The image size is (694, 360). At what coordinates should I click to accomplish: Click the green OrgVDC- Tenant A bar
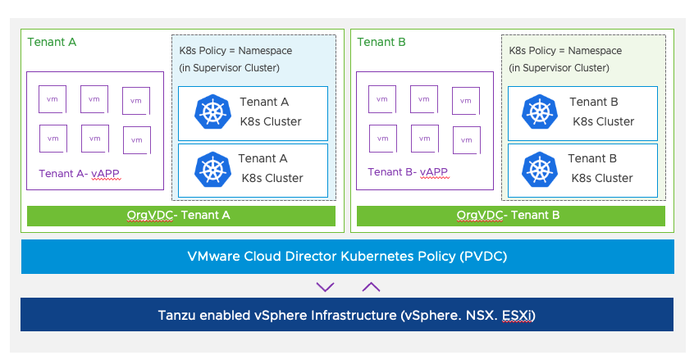click(x=181, y=216)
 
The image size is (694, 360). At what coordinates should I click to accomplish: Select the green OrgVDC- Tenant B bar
click(x=510, y=216)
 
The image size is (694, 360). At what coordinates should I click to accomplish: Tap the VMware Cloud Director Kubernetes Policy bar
click(x=347, y=257)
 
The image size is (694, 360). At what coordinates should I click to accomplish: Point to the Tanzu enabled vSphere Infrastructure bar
click(x=347, y=315)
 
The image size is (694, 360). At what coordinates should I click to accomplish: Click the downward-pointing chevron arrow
click(x=326, y=286)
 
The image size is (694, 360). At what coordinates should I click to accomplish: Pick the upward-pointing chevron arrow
click(x=371, y=286)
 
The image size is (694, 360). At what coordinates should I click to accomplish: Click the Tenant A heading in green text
click(x=52, y=42)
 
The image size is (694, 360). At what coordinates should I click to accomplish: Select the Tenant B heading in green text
click(x=381, y=42)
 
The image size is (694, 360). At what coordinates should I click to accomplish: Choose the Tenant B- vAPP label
click(x=408, y=172)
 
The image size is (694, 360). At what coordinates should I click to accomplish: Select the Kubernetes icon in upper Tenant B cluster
click(x=540, y=112)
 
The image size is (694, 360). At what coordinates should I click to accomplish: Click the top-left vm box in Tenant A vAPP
click(x=53, y=99)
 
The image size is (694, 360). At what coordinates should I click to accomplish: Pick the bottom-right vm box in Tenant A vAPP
click(x=136, y=139)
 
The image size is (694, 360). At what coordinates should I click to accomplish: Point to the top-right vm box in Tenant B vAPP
click(x=465, y=101)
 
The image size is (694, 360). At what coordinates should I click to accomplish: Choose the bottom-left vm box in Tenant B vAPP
click(x=382, y=139)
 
